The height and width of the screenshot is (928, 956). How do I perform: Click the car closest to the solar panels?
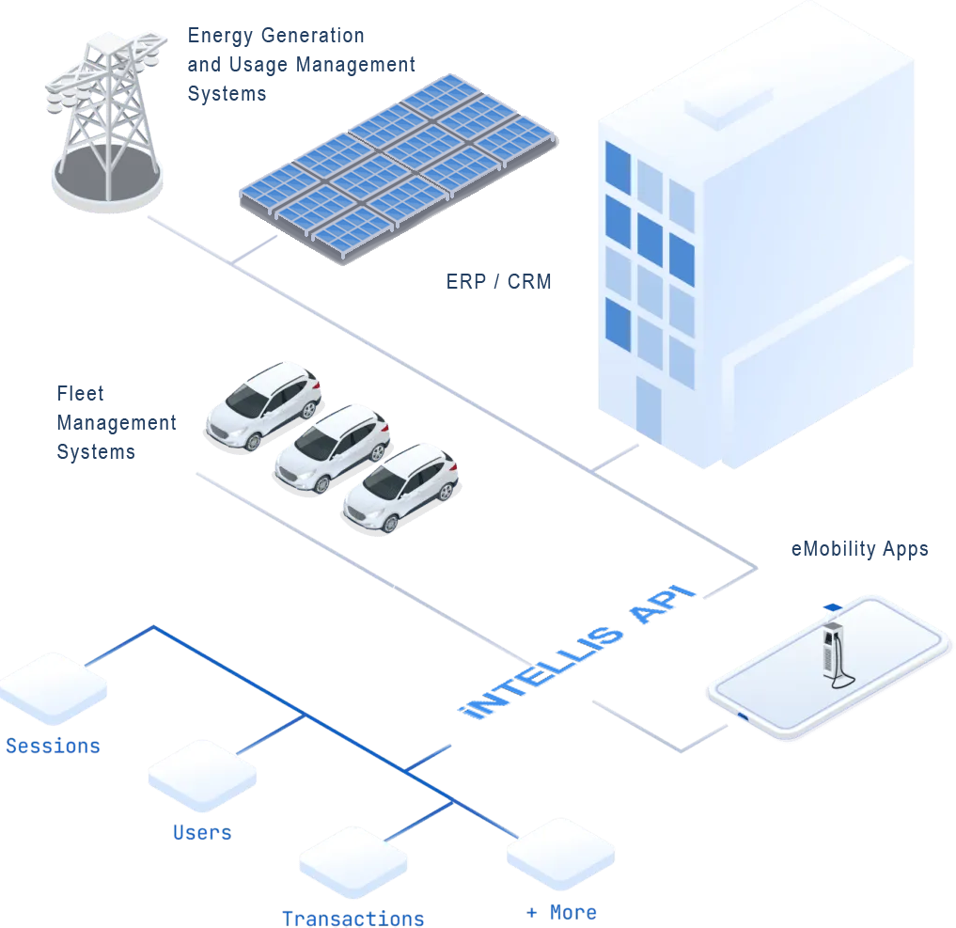coord(262,406)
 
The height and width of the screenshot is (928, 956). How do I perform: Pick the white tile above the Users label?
coord(201,777)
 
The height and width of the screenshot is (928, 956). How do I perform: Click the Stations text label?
coord(52,747)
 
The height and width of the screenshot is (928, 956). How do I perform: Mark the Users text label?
coord(201,833)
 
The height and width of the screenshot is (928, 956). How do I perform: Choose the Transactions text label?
coord(353,918)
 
